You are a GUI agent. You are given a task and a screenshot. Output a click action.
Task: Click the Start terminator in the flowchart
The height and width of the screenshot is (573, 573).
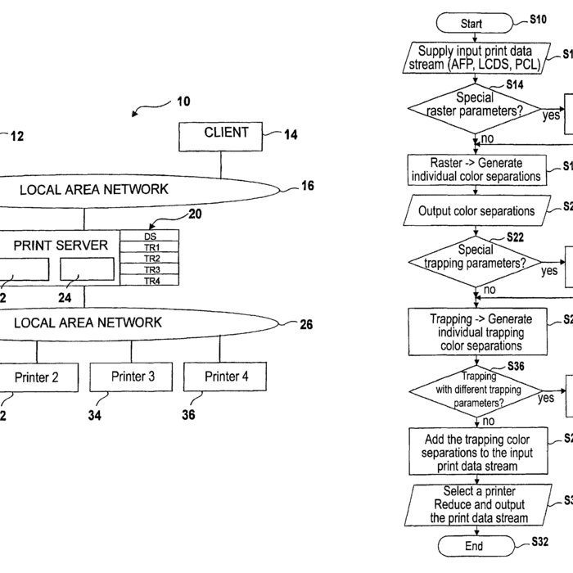point(471,24)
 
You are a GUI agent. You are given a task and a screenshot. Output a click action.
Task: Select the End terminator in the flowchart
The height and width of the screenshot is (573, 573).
point(473,546)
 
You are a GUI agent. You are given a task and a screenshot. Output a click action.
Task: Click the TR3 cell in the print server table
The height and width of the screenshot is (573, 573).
point(151,269)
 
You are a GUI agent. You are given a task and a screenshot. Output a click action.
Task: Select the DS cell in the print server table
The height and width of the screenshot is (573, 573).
point(151,236)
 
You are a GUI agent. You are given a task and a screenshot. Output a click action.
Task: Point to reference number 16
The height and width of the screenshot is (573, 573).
point(307,187)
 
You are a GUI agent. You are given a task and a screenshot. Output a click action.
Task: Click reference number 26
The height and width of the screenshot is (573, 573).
point(305,324)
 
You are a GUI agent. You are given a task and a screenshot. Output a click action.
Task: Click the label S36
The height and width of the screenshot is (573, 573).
point(516,366)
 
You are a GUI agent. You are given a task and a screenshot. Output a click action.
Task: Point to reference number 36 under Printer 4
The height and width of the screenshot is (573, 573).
point(188,414)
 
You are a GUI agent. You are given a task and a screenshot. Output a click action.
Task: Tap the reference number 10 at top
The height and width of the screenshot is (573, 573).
point(183,102)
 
